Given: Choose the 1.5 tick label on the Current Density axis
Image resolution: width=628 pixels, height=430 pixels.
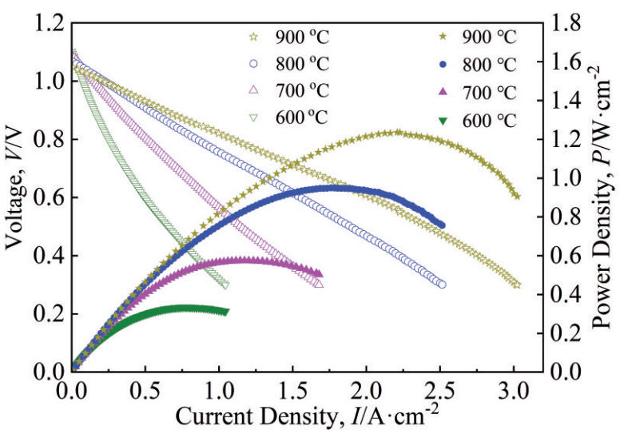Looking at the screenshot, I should point(292,392).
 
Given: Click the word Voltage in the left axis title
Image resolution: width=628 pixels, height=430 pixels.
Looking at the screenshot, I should point(18,216).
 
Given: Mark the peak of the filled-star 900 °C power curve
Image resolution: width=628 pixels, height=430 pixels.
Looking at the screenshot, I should point(397,133).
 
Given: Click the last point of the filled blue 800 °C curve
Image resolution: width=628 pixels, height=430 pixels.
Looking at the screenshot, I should point(442,225).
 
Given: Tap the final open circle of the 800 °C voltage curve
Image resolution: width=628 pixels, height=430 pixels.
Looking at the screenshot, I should point(442,285).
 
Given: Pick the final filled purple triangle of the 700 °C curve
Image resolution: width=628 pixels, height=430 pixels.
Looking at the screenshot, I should point(319,273).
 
